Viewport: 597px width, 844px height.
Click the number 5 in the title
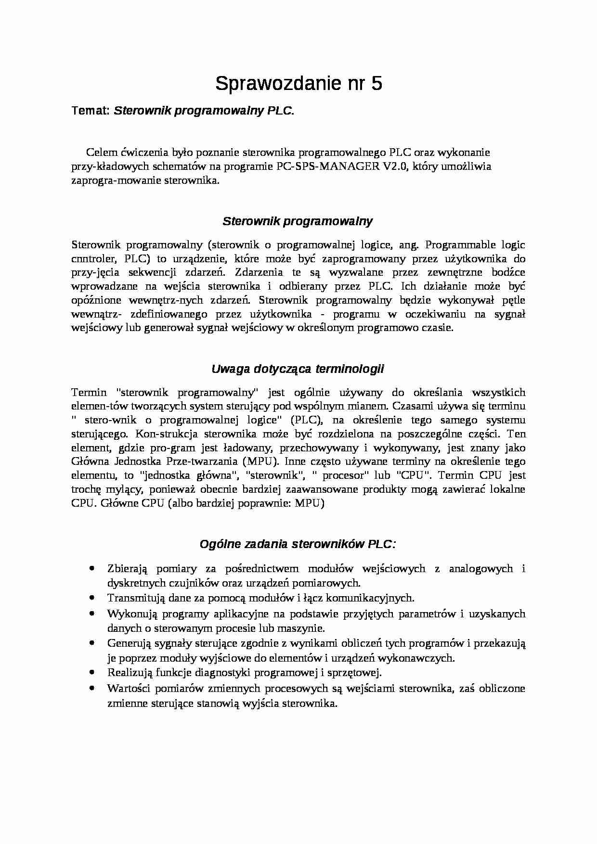[376, 84]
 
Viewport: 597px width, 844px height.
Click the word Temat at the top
[91, 111]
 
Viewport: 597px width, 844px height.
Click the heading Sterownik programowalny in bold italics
[298, 221]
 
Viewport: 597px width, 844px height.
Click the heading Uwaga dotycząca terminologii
[298, 369]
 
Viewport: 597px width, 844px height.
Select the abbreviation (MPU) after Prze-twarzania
[260, 461]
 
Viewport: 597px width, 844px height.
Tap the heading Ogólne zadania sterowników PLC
[298, 544]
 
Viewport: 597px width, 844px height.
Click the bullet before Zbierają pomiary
[91, 568]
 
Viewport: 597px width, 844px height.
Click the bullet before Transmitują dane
[91, 597]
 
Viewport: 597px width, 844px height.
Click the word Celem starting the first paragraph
[102, 153]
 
